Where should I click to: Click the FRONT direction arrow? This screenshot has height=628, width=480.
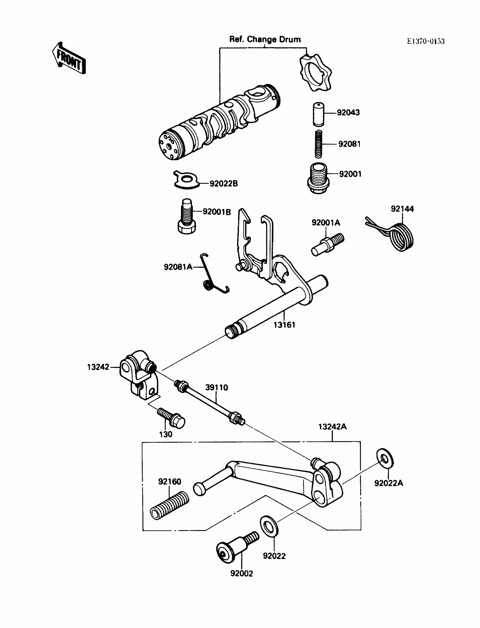coord(69,58)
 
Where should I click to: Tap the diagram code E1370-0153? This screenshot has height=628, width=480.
coord(426,42)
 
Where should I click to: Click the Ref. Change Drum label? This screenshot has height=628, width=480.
coord(265,40)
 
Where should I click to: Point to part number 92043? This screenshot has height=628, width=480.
coord(348,113)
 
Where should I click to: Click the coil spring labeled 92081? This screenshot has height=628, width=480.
coord(318,144)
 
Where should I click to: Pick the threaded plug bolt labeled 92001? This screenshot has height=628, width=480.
coord(318,178)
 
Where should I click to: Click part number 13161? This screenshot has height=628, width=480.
coord(284,325)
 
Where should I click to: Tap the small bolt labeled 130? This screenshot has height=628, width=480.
coord(171,418)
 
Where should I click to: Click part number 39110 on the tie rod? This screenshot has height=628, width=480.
coord(217,388)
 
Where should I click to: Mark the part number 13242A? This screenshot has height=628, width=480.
coord(332,427)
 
